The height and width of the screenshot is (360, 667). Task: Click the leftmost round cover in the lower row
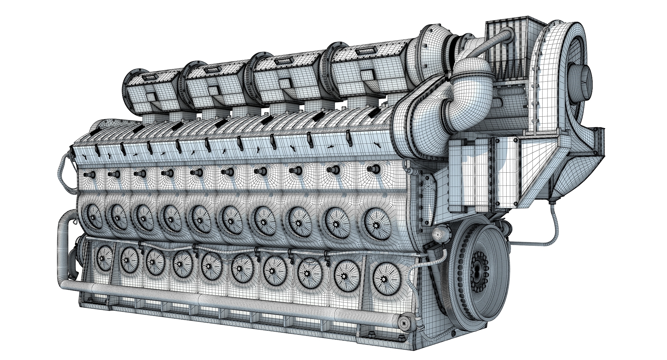pyautogui.click(x=104, y=258)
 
